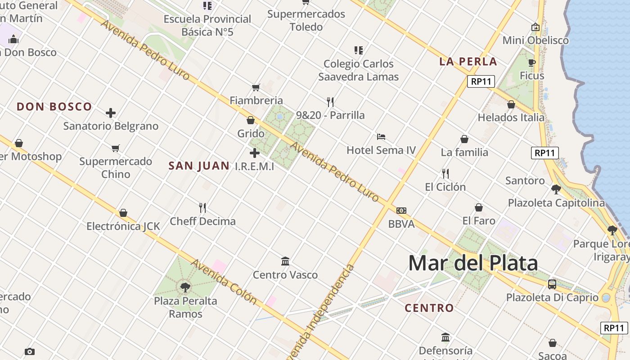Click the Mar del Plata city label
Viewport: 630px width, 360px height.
click(x=473, y=263)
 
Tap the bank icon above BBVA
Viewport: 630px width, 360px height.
click(x=401, y=211)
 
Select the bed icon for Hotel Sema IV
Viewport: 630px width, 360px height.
click(x=381, y=137)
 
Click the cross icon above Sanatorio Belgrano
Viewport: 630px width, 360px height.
click(x=111, y=113)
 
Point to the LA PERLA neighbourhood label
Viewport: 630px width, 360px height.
click(x=468, y=62)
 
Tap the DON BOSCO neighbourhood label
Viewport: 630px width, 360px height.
click(x=54, y=107)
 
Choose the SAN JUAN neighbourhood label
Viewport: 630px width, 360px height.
click(x=199, y=166)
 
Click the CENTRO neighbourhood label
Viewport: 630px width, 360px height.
click(x=429, y=308)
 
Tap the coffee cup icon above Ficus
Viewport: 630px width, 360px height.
click(x=532, y=63)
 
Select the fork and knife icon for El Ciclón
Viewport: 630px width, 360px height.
click(x=445, y=173)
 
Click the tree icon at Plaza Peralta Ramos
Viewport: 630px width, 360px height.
click(x=185, y=287)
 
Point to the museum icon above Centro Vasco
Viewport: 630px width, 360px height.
click(x=285, y=261)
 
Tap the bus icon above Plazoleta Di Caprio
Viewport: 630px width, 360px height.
click(x=552, y=284)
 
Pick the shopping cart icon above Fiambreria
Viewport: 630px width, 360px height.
click(x=256, y=87)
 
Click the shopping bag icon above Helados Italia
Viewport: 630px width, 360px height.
click(x=511, y=104)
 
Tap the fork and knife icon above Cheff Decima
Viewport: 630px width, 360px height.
click(x=202, y=207)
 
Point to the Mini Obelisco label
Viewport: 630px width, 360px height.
click(x=535, y=40)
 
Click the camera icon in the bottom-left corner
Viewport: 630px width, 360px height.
click(x=30, y=351)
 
